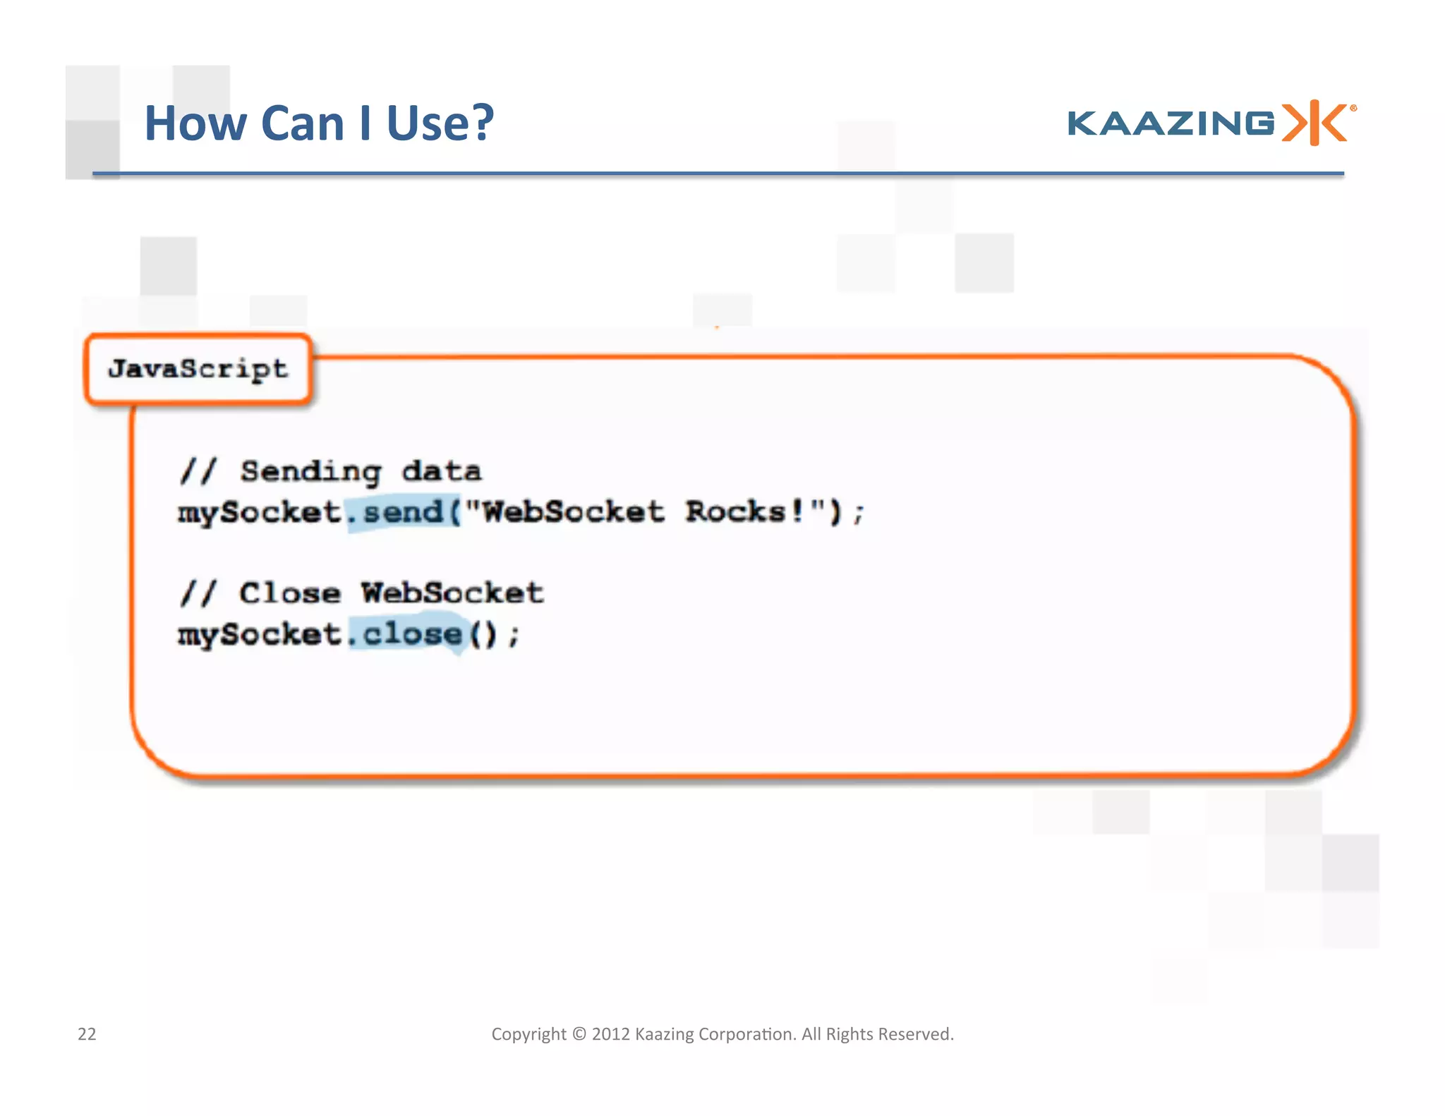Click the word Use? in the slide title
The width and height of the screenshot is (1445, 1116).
440,123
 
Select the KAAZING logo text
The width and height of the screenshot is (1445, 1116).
1171,123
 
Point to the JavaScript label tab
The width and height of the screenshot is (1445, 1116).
198,369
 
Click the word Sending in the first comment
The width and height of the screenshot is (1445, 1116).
310,471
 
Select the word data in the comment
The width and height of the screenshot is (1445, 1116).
442,471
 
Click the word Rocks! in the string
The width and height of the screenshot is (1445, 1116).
744,511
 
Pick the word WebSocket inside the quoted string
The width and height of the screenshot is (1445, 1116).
572,511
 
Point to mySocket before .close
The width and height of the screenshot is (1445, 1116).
260,634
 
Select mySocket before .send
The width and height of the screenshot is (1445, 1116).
260,512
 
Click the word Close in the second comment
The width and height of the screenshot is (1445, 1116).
290,593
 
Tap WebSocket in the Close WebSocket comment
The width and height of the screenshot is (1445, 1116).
452,593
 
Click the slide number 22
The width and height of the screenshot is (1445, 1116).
87,1034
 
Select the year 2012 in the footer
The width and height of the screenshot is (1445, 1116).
610,1034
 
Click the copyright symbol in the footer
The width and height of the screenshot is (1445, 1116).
579,1034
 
